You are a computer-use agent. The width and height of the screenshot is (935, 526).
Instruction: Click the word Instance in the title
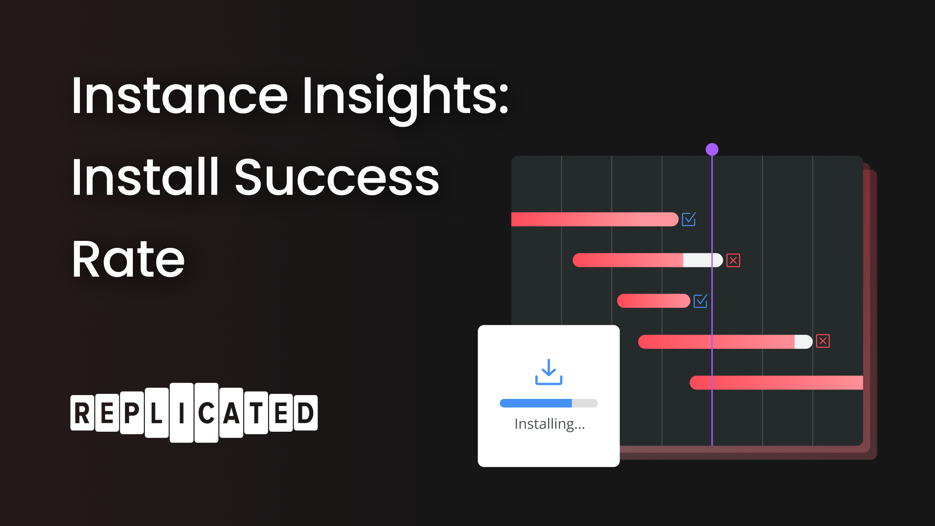(x=180, y=95)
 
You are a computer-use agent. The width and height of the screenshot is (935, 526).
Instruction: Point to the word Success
(x=337, y=177)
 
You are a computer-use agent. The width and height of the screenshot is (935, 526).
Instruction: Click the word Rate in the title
(x=128, y=259)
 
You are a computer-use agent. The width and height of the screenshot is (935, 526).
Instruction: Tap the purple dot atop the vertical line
(x=712, y=149)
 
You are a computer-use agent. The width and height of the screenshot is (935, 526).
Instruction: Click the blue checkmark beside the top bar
(x=689, y=219)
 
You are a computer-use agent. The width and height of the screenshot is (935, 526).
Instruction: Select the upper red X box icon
(x=733, y=260)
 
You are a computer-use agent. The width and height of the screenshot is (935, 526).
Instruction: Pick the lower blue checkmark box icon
(x=700, y=301)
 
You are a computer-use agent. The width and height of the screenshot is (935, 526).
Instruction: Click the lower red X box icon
(x=823, y=341)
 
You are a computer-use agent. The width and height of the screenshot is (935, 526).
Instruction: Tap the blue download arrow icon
(x=549, y=372)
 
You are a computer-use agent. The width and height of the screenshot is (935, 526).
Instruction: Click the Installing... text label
(x=550, y=424)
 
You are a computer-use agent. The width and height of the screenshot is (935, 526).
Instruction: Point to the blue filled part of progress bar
(x=536, y=403)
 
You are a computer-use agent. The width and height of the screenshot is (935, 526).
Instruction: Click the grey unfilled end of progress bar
(x=585, y=403)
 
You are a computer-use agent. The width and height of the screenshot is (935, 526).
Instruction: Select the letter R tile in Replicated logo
(x=82, y=413)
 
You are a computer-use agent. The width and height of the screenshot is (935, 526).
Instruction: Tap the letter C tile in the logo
(x=206, y=413)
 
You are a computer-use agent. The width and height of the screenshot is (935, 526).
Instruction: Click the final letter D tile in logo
(x=305, y=413)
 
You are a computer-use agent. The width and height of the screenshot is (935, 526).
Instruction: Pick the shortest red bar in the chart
(x=653, y=301)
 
